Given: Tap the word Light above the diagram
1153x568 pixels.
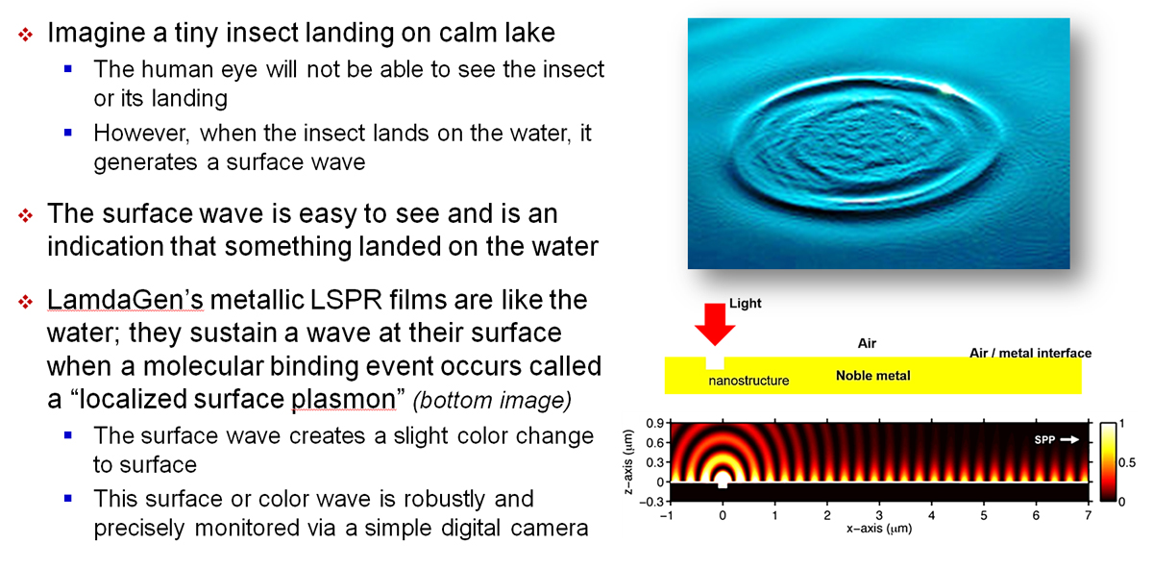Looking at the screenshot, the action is point(745,304).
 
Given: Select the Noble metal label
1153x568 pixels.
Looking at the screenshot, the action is point(873,376).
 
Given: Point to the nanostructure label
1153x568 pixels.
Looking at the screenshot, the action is point(748,381).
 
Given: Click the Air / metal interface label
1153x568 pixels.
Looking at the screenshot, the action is point(1030,353).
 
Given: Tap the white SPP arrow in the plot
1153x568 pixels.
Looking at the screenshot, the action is point(1070,439).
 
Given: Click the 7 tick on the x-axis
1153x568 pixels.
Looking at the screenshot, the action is point(1088,515).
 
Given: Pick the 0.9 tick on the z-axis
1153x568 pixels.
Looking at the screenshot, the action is point(654,423).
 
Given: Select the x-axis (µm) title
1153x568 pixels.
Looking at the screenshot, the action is point(879,529).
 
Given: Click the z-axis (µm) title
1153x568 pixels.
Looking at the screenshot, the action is point(628,462).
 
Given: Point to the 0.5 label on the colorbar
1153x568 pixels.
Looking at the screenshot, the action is point(1127,462).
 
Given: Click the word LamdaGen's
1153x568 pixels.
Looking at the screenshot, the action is point(125,300).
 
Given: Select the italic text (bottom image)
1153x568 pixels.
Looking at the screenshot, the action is point(492,401).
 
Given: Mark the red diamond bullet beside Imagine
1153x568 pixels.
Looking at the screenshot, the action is point(25,35).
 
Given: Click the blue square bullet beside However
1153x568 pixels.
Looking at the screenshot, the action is point(68,133).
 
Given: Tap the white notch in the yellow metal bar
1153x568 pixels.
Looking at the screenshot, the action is point(715,362).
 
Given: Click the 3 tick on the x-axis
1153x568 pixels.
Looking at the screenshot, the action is point(879,515).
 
